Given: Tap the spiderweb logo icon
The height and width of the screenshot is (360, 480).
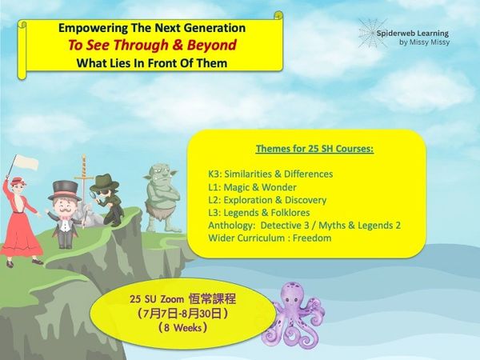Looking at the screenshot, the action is coord(371,33).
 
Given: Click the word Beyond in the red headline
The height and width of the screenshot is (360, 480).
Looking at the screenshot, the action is coord(211,45).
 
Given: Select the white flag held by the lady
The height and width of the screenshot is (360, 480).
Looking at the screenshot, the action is coord(26,162).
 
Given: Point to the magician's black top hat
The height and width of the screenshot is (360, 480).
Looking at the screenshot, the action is coord(65,190).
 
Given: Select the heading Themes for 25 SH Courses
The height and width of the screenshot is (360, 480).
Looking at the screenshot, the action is coord(314,149).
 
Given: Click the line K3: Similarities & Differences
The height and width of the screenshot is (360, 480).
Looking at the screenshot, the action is coord(270,174).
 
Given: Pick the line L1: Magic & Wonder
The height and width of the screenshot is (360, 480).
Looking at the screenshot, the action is coord(252,187).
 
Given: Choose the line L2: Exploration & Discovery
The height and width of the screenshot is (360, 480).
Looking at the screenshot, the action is coord(267,200).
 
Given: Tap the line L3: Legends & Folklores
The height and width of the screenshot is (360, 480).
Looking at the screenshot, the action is coord(259,213).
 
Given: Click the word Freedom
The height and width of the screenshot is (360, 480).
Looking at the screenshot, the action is coord(312,238).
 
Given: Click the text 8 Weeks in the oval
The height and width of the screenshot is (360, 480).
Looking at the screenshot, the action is coord(182,328).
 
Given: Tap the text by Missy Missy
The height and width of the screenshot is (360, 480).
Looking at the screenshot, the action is coord(424,42).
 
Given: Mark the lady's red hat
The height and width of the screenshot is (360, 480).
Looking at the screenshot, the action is coord(18,181).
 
